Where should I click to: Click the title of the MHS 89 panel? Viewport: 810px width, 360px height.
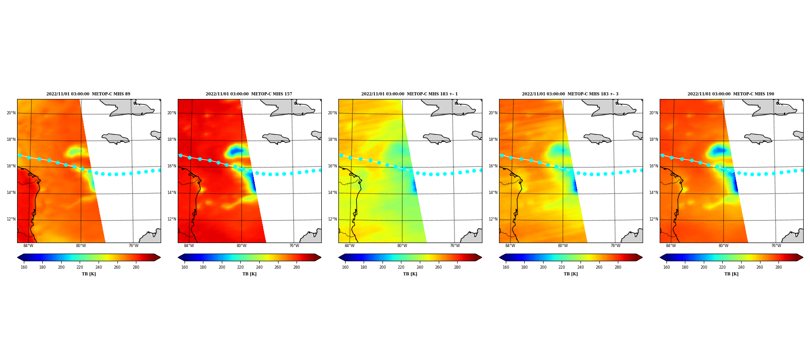tap(88, 94)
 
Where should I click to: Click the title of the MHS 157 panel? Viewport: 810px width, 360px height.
tap(249, 94)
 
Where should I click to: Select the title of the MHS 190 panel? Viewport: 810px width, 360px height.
tap(731, 94)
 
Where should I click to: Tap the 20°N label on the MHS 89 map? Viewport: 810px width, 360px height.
tap(11, 113)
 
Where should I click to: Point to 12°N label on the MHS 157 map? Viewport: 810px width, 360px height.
tap(171, 220)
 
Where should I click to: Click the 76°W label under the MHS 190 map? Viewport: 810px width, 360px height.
tap(776, 246)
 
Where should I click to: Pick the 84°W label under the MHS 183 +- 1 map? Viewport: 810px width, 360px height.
tap(350, 246)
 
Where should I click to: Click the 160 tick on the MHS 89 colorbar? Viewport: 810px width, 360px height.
tap(24, 267)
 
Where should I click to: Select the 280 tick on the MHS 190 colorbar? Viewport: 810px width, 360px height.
tap(778, 267)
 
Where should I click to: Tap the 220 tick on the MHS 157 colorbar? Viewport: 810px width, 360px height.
tap(240, 267)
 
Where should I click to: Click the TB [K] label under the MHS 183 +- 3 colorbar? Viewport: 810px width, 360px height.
tap(571, 274)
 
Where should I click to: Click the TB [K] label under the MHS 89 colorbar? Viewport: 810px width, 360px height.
tap(89, 274)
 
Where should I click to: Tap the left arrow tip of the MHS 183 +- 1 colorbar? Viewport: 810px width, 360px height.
tap(339, 257)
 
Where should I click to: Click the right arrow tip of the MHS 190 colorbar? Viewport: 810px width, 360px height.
tap(803, 257)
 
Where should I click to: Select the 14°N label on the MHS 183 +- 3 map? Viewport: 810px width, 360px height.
tap(493, 193)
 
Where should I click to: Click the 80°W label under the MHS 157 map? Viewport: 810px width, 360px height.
tap(242, 246)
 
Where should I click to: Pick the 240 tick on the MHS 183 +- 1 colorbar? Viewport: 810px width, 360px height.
tap(420, 267)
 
